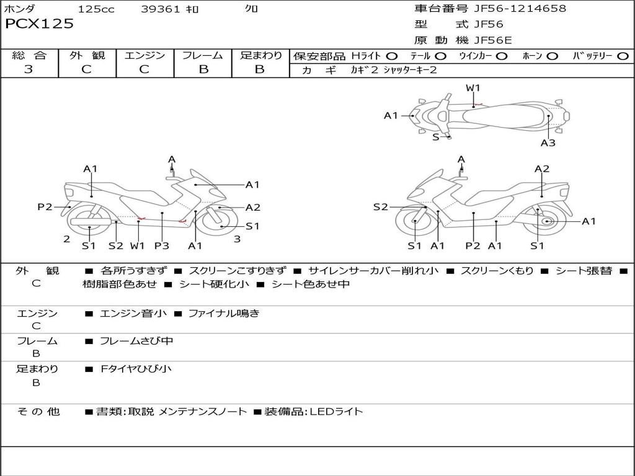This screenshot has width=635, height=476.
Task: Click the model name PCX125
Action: click(39, 24)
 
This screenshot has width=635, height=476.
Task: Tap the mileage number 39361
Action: click(161, 9)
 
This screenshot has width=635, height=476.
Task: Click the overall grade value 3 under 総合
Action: click(29, 69)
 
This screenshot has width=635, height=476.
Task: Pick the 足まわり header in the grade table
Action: click(260, 56)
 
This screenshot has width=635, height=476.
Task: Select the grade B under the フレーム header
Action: click(203, 69)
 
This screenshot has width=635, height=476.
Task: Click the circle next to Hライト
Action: click(392, 56)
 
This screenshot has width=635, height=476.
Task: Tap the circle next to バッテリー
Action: click(622, 56)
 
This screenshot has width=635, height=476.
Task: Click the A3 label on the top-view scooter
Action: click(548, 143)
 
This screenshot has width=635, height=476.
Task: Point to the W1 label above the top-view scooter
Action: click(473, 88)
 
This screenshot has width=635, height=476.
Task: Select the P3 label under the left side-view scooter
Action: click(161, 246)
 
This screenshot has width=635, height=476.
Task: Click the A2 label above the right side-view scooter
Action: click(541, 169)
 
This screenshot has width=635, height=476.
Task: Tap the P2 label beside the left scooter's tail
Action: click(45, 207)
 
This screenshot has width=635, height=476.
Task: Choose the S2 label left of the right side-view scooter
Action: click(380, 207)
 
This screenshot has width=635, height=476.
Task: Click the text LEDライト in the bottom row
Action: click(336, 412)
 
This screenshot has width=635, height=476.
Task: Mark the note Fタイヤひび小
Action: click(136, 369)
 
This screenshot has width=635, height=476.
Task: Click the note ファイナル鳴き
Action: click(224, 314)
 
